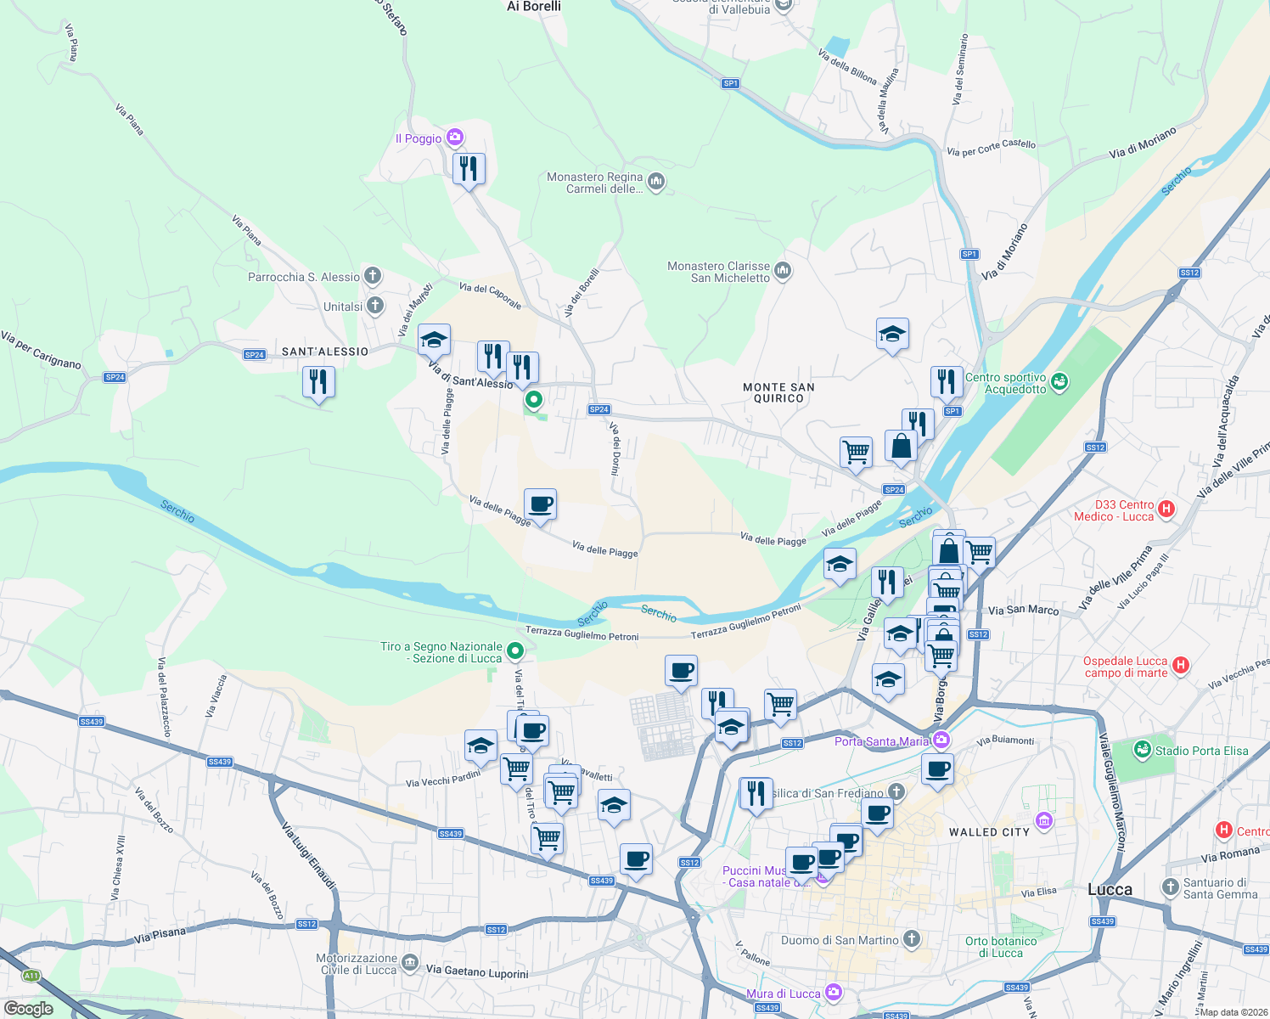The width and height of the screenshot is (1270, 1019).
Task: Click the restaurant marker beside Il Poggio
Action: point(469,169)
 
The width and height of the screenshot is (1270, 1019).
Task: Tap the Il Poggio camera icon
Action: point(455,138)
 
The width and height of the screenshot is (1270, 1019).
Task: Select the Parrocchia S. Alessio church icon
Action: point(373,276)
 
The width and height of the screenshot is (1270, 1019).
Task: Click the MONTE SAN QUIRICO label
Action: point(778,392)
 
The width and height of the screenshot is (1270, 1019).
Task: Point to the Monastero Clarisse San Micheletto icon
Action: point(783,271)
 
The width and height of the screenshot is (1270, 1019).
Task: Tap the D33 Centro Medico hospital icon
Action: point(1166,509)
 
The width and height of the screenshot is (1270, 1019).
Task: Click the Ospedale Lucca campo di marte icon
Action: point(1180,666)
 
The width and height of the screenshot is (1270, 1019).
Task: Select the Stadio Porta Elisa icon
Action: point(1143,750)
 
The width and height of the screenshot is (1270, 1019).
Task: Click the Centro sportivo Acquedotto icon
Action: point(1059,382)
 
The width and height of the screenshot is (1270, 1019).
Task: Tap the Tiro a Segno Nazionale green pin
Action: point(515,651)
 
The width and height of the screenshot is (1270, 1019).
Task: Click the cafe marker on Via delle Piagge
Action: point(541,504)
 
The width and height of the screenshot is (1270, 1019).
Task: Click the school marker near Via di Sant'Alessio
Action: point(434,341)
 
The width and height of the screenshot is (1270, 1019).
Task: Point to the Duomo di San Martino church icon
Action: point(911,939)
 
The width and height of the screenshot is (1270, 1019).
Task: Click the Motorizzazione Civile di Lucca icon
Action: point(410,962)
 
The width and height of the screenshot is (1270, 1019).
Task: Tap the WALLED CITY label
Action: point(988,832)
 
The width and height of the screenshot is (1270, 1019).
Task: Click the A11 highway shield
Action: point(31,976)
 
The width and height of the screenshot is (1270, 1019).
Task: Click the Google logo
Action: point(28,1008)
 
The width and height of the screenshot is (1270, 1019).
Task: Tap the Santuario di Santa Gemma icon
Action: point(1171,887)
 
